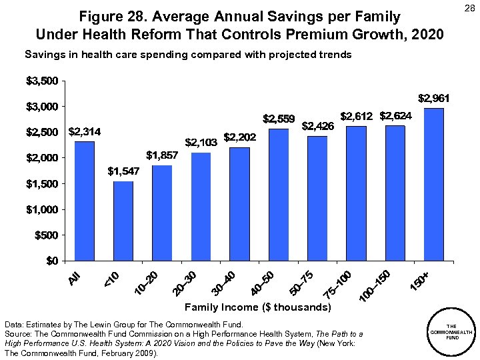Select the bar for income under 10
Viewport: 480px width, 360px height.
pyautogui.click(x=123, y=221)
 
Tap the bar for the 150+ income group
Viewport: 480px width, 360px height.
pyautogui.click(x=433, y=184)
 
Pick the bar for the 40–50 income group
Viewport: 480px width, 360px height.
pyautogui.click(x=279, y=195)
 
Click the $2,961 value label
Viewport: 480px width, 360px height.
pyautogui.click(x=434, y=98)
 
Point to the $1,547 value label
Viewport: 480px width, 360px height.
pyautogui.click(x=123, y=172)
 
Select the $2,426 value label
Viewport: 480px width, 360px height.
pyautogui.click(x=318, y=125)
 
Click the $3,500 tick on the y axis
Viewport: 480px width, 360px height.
pyautogui.click(x=41, y=81)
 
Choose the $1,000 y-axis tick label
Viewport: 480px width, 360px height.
pyautogui.click(x=41, y=209)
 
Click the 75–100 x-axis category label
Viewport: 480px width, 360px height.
pyautogui.click(x=337, y=283)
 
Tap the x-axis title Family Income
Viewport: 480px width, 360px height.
pyautogui.click(x=257, y=307)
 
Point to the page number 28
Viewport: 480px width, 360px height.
pyautogui.click(x=467, y=9)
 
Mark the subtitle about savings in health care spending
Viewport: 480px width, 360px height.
pyautogui.click(x=188, y=55)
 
